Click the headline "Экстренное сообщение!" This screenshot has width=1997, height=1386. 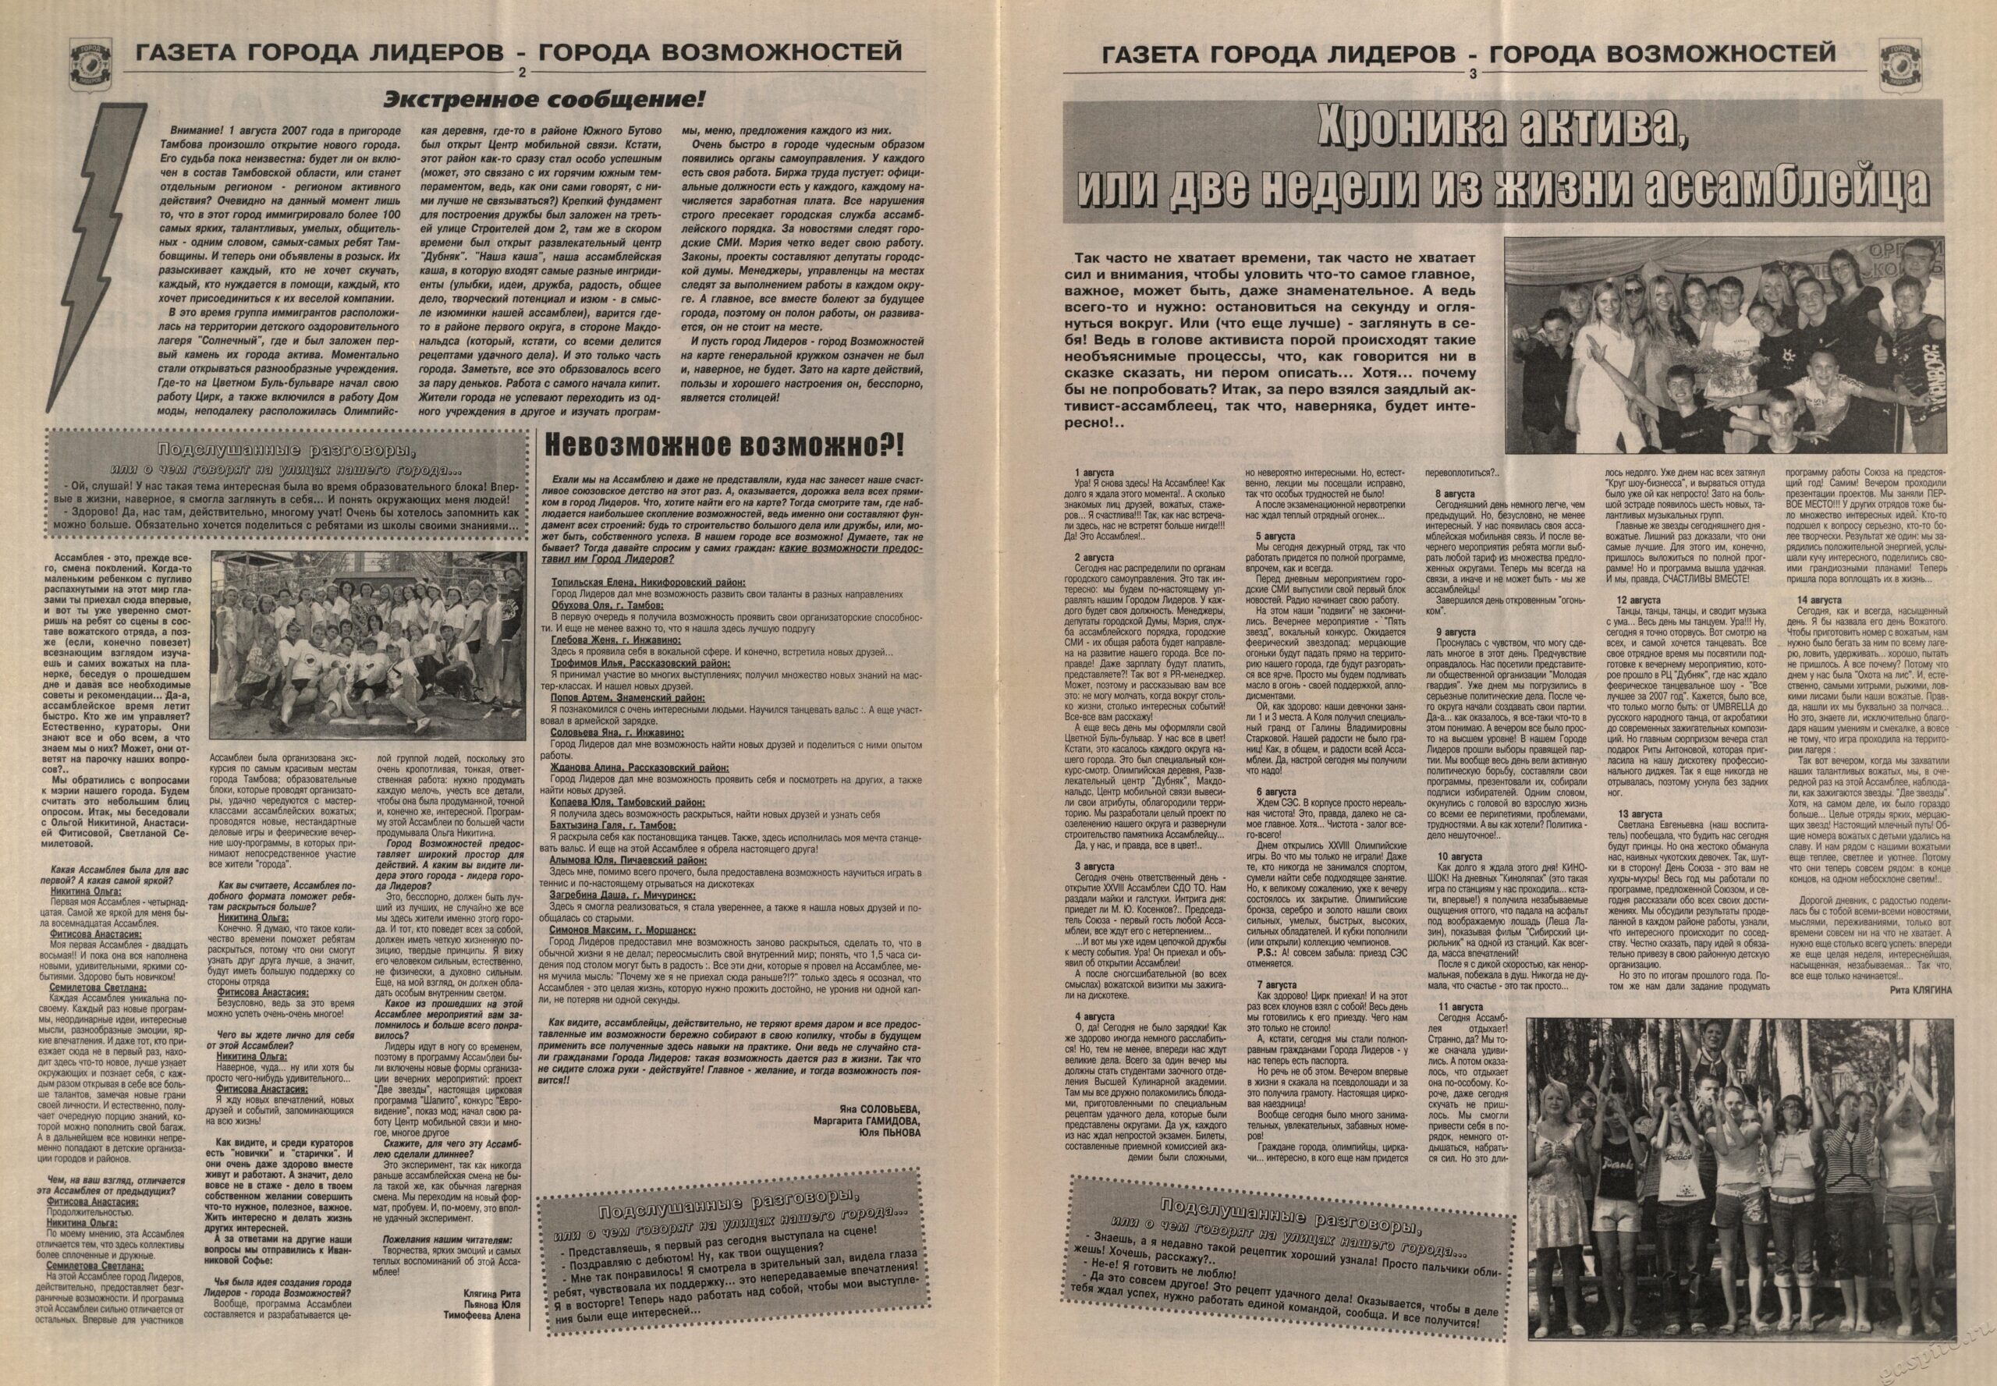pyautogui.click(x=544, y=98)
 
